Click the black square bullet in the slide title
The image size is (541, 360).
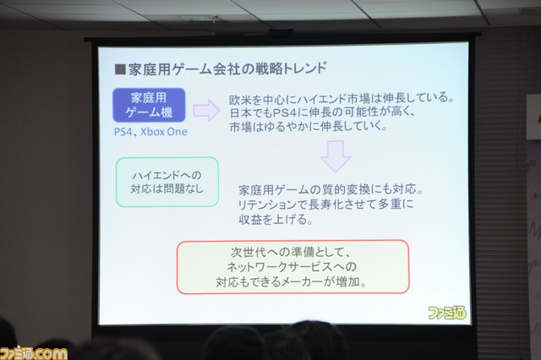(x=120, y=69)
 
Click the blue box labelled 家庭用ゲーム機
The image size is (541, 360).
(x=149, y=105)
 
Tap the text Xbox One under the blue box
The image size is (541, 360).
(x=164, y=132)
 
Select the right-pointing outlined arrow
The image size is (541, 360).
(x=206, y=111)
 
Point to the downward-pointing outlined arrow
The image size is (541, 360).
(x=335, y=156)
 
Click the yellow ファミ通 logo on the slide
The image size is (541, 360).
(x=447, y=313)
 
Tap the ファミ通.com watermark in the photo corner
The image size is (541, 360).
(x=34, y=354)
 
